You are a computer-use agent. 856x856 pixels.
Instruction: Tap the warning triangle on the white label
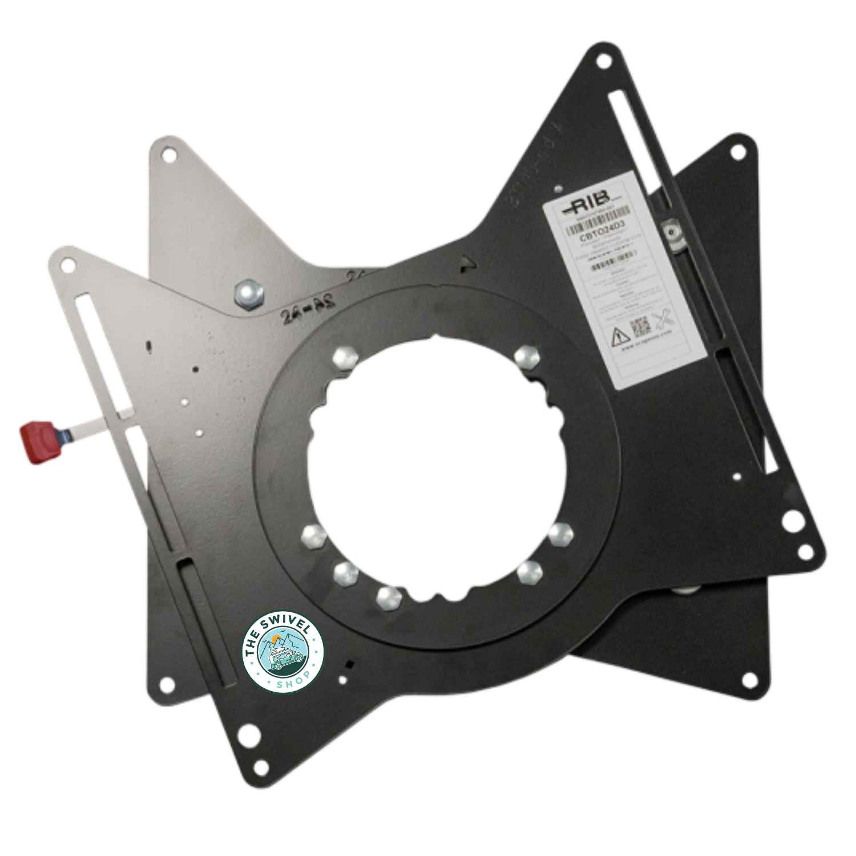(620, 336)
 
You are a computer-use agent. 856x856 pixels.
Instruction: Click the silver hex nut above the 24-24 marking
(249, 294)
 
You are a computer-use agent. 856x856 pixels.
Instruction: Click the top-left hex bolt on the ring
(345, 358)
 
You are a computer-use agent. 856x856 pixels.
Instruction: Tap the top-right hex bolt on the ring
(527, 357)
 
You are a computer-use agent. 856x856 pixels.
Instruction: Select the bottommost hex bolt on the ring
(389, 597)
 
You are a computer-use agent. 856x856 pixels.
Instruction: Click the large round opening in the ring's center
(437, 465)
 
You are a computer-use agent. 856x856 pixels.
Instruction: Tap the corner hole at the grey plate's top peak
(168, 154)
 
